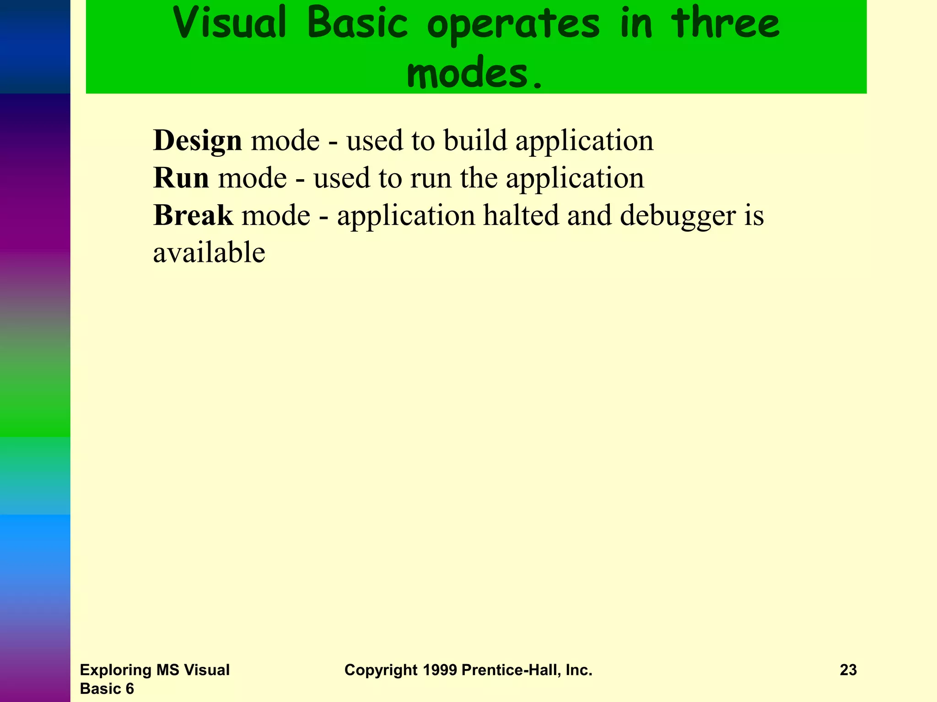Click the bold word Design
[197, 141]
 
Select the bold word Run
[181, 178]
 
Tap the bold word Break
[193, 215]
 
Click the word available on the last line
[209, 253]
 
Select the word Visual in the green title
[230, 24]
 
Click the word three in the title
[726, 24]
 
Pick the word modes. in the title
[475, 74]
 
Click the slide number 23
[848, 670]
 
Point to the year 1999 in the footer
[440, 670]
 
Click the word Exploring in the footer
[116, 670]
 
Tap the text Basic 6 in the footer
[107, 689]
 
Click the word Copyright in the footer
[381, 670]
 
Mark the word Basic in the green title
[357, 24]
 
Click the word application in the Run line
[575, 178]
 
